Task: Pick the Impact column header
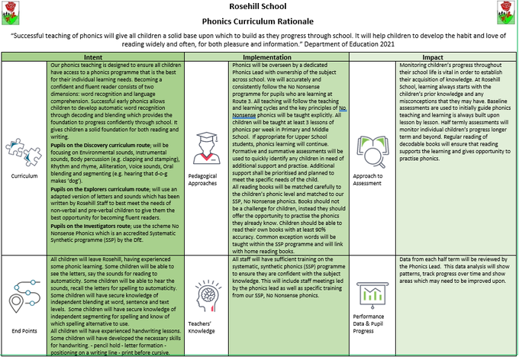[x=430, y=57]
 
